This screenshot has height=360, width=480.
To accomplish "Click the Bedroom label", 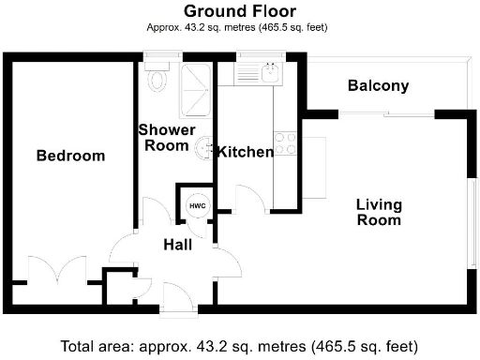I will click(x=70, y=156).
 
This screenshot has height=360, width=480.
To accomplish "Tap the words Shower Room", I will click(x=167, y=137).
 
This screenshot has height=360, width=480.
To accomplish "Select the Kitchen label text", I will click(x=245, y=152).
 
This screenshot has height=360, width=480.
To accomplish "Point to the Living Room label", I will click(x=378, y=213).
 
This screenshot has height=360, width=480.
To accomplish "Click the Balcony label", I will click(x=378, y=86).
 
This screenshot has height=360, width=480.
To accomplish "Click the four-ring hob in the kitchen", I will click(x=286, y=143).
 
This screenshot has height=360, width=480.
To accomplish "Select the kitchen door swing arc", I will click(x=248, y=199).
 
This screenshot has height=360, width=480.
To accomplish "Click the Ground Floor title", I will click(x=239, y=11).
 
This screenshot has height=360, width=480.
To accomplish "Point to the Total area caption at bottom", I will click(x=239, y=345).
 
